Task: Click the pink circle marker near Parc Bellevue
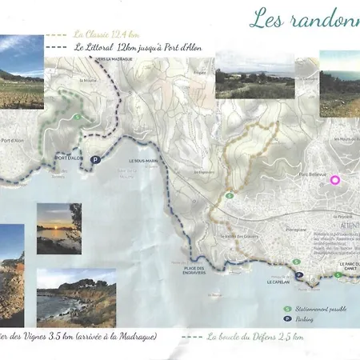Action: click(334, 180)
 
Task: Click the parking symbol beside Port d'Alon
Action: click(95, 159)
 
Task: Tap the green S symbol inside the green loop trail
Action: click(76, 118)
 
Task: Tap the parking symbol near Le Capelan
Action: click(300, 275)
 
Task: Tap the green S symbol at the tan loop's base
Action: click(229, 195)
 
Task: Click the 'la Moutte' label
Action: click(89, 81)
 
